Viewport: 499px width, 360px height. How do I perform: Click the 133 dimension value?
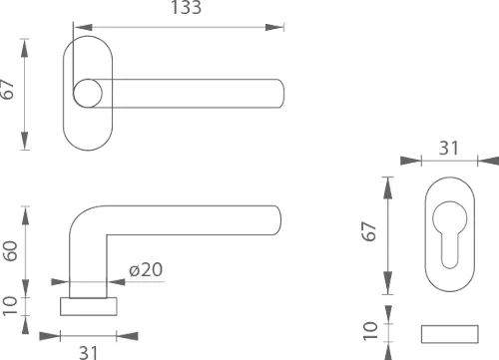click(x=186, y=7)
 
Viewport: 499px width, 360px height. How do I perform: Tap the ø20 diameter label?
click(x=146, y=269)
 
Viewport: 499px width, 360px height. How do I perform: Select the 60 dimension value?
click(x=10, y=251)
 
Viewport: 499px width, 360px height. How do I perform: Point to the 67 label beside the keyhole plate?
click(x=369, y=231)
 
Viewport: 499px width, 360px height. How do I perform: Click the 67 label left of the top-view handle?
click(x=7, y=89)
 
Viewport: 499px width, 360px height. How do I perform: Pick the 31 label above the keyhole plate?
click(x=449, y=148)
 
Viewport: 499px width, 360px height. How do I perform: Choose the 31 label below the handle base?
click(x=89, y=352)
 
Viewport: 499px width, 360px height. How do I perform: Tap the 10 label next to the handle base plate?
click(x=10, y=306)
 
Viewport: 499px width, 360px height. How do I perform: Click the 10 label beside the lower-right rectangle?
click(x=370, y=330)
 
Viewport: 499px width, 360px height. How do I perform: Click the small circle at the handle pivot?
click(x=88, y=94)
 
